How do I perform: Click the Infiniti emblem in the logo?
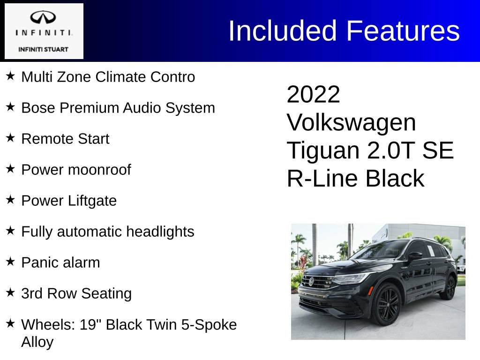[44, 18]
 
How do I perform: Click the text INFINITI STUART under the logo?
[43, 49]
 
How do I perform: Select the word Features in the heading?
[403, 31]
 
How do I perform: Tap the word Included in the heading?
[283, 31]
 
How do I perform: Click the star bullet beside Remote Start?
[10, 138]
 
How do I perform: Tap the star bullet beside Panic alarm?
[10, 262]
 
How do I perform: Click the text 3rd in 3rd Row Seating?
[31, 293]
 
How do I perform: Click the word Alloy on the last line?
[37, 342]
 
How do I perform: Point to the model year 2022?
[313, 95]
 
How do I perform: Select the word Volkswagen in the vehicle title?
[351, 123]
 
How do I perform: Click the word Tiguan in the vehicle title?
[323, 151]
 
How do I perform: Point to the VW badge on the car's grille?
[311, 281]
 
